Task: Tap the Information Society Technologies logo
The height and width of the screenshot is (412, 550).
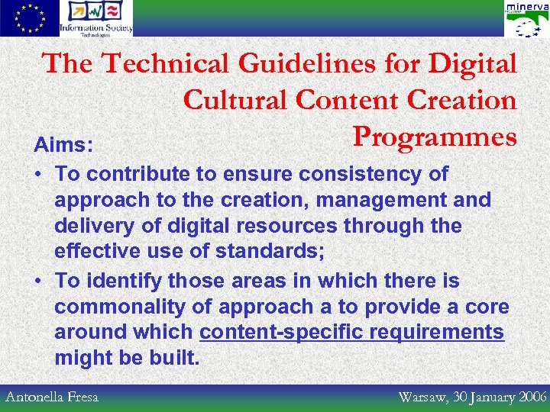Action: pyautogui.click(x=96, y=18)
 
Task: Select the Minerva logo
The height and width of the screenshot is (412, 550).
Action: pyautogui.click(x=526, y=19)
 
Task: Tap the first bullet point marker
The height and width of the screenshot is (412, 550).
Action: pyautogui.click(x=37, y=174)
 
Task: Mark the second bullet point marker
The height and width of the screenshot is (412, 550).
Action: pyautogui.click(x=37, y=281)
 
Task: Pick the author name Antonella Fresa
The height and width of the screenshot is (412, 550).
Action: pyautogui.click(x=53, y=397)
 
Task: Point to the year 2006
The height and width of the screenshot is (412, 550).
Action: pyautogui.click(x=532, y=397)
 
